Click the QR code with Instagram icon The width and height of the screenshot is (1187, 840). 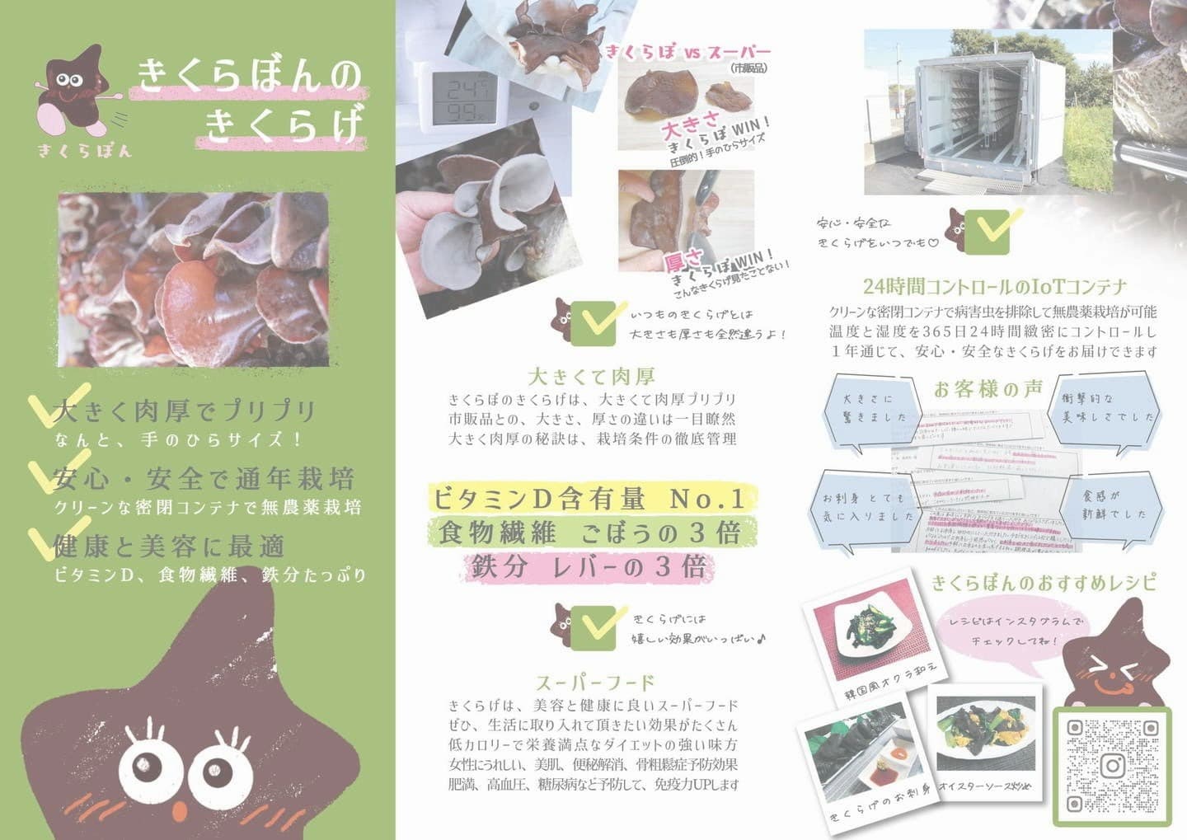point(1112,765)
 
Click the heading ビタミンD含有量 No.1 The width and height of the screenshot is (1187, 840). point(588,498)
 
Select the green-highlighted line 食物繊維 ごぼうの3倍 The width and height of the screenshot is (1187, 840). point(589,533)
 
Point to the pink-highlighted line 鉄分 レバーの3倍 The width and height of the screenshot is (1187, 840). point(589,567)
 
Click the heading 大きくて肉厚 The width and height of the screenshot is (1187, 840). point(591,377)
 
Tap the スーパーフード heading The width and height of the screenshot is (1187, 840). point(594,682)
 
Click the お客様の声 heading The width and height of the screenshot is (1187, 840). point(988,389)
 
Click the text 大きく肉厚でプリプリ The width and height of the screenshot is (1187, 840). point(185,411)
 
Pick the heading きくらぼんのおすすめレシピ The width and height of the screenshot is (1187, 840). point(1044,583)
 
